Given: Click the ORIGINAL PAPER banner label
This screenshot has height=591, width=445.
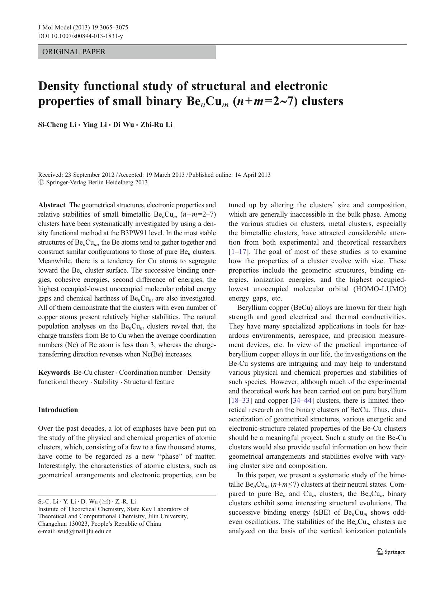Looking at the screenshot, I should pyautogui.click(x=74, y=52).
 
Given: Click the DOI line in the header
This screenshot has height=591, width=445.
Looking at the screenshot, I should pyautogui.click(x=80, y=36).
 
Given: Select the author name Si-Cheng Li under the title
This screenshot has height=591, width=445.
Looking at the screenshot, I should pyautogui.click(x=57, y=125).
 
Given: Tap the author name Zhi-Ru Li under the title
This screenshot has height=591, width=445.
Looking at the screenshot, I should pyautogui.click(x=156, y=125).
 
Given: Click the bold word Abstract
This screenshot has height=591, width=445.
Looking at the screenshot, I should pyautogui.click(x=52, y=205).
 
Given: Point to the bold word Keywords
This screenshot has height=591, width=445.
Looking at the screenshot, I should pyautogui.click(x=54, y=373).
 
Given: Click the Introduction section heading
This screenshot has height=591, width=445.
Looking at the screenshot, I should pyautogui.click(x=58, y=410).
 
